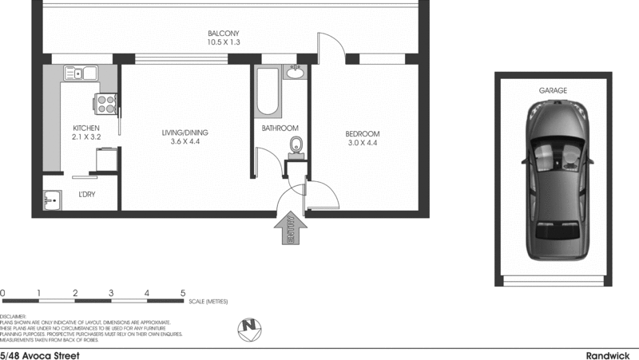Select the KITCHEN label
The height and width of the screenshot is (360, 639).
(x=85, y=128)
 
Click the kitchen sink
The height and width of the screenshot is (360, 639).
(x=80, y=74)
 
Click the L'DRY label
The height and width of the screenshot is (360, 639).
(x=86, y=195)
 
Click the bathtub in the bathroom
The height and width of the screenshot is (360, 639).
(x=267, y=93)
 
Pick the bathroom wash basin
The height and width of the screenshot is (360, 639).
(x=296, y=74)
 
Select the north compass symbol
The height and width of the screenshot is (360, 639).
(x=251, y=327)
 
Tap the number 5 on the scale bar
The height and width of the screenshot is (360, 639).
(x=183, y=293)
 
